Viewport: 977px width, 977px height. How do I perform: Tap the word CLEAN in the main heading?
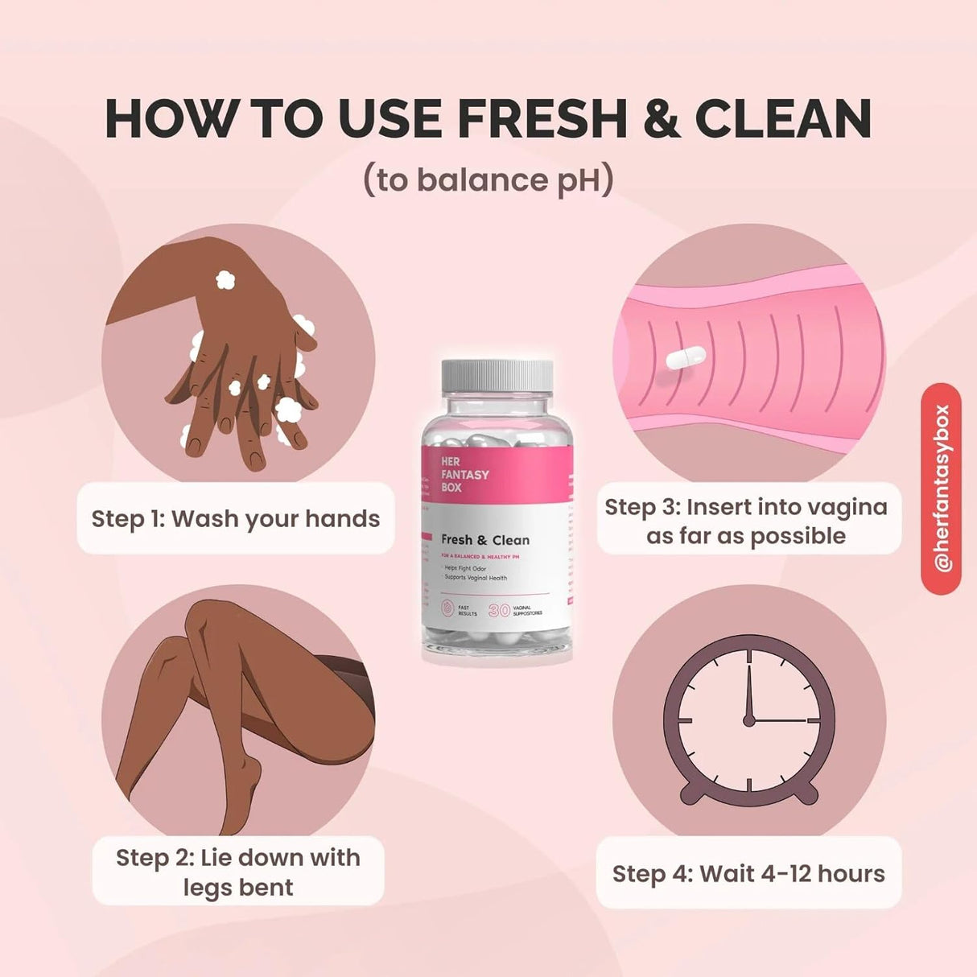coord(783,119)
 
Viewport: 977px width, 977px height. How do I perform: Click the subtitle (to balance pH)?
coord(488,180)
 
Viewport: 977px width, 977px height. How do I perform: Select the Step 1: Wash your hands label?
coord(236,518)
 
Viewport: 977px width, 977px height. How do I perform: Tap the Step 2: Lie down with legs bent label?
coord(238,872)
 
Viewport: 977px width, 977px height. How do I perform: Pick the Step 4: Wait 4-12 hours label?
coord(748,873)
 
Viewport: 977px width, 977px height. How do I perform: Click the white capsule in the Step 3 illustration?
coord(686,357)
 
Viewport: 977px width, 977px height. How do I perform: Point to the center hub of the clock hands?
coord(749,719)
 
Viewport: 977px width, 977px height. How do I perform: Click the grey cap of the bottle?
coord(497,375)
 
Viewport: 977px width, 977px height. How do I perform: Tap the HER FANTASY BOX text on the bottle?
coord(464,474)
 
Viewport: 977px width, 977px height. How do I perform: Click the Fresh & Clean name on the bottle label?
coord(485,540)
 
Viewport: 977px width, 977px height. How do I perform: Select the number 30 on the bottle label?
coord(499,611)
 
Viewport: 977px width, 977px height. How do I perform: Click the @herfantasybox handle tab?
coord(942,488)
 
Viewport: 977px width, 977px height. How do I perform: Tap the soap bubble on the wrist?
coord(225,279)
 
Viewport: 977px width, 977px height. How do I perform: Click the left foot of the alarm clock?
coord(694,793)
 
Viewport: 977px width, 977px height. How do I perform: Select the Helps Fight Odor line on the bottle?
coord(466,568)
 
